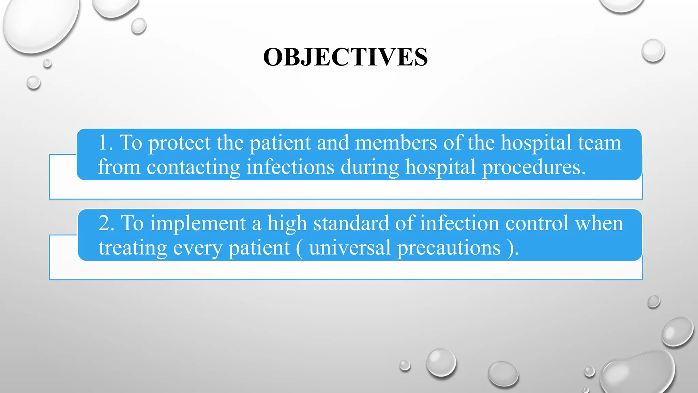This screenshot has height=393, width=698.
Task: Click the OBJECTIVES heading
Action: click(345, 57)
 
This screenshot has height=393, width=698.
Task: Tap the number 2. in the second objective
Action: click(106, 223)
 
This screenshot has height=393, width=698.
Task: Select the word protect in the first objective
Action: click(179, 143)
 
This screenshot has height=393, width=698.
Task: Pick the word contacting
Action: click(193, 168)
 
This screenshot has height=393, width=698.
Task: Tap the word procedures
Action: click(533, 168)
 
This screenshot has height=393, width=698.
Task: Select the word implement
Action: click(198, 224)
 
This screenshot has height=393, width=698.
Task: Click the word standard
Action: click(351, 223)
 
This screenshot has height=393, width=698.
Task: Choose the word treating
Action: click(133, 248)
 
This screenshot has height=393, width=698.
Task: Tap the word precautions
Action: click(449, 248)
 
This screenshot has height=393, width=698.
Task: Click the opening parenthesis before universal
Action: click(299, 248)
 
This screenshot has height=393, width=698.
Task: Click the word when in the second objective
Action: click(599, 223)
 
